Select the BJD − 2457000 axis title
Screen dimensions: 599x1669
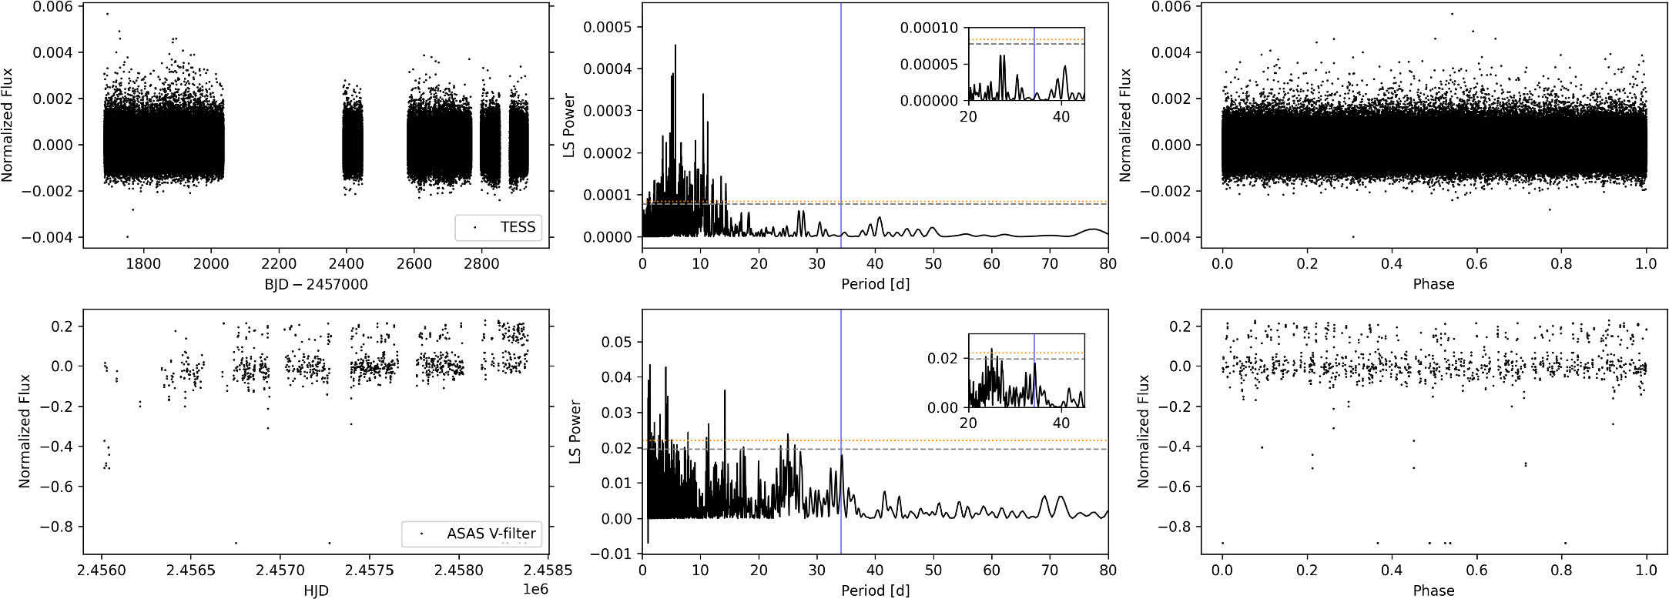[316, 284]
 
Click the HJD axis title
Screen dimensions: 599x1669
[316, 591]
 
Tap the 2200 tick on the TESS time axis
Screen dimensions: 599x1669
[278, 264]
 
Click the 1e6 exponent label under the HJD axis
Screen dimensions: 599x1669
[535, 589]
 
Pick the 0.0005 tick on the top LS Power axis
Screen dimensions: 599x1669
[607, 27]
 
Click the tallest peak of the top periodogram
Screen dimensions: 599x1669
[675, 46]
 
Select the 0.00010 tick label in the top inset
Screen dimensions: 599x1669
[929, 28]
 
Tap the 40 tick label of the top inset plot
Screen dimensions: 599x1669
[1061, 116]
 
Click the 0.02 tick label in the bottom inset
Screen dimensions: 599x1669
[943, 358]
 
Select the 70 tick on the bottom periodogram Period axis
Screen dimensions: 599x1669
[1050, 571]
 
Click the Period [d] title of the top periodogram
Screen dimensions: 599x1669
[875, 284]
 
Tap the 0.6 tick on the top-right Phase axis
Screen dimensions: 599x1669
[1476, 264]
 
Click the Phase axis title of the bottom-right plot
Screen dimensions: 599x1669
[1433, 591]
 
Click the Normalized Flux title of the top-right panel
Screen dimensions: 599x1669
[1125, 125]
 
